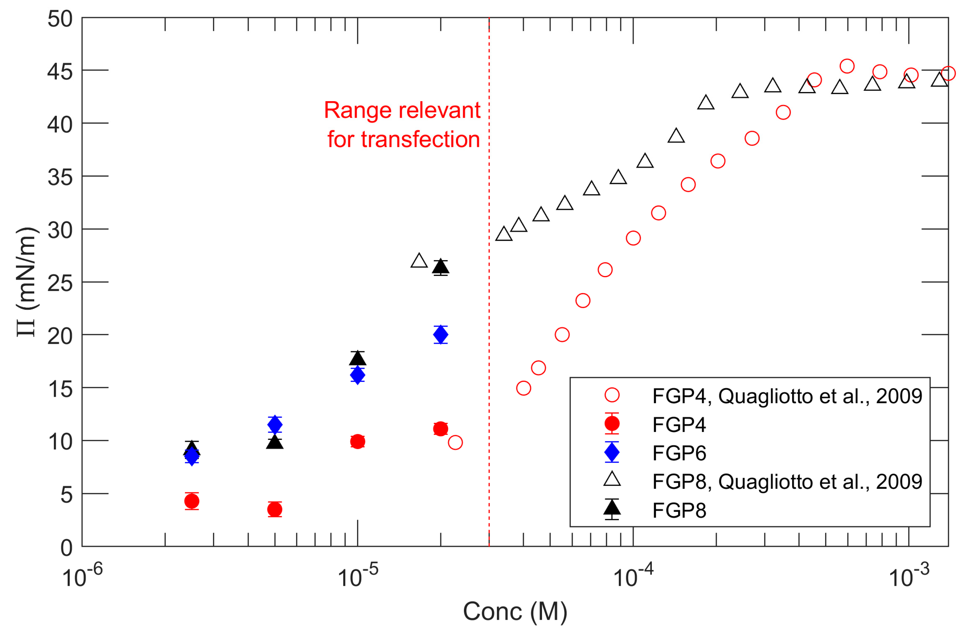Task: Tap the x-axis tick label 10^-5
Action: (x=358, y=576)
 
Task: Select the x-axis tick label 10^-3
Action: (x=909, y=576)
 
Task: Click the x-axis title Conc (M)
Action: (x=515, y=612)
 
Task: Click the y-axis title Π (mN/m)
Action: (x=27, y=282)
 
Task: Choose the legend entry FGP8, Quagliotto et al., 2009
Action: (x=787, y=481)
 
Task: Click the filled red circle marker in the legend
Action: (x=612, y=424)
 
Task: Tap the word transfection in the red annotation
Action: (x=420, y=140)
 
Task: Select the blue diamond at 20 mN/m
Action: (x=440, y=335)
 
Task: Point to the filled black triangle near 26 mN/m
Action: (x=440, y=267)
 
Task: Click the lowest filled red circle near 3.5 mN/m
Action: (x=275, y=509)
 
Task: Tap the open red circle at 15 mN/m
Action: (x=524, y=388)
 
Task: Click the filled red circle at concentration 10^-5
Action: (x=357, y=442)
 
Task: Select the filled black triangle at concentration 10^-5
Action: (x=357, y=359)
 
